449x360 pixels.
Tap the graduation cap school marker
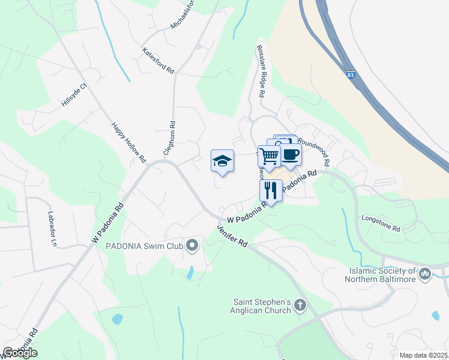pos(222,161)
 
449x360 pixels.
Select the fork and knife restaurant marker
pos(271,191)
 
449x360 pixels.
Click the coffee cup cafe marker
pos(291,154)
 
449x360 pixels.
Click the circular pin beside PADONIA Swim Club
pos(192,245)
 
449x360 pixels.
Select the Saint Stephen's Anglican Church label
pos(262,307)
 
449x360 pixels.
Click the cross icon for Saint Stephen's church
pos(300,307)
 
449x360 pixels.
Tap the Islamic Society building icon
pos(425,274)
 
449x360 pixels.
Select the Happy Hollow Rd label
pos(128,143)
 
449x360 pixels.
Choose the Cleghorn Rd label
pos(172,137)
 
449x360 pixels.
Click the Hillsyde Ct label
pos(74,95)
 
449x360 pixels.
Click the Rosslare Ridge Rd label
pos(261,71)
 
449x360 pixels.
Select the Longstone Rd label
pos(381,223)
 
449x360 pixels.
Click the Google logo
pos(20,353)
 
